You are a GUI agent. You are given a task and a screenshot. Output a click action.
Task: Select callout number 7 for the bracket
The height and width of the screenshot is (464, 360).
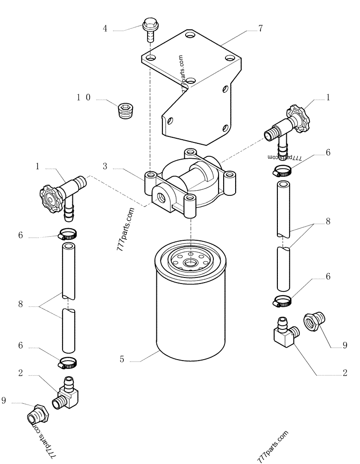(x=261, y=29)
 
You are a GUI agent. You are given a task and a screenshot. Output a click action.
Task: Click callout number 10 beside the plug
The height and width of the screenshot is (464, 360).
(x=84, y=97)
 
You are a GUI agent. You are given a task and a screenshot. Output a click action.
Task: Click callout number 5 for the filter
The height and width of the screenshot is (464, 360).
(x=122, y=359)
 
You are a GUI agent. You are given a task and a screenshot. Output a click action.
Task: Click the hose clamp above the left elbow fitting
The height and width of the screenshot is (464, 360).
(x=68, y=362)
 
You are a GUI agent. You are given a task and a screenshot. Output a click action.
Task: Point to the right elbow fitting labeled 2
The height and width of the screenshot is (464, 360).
(x=284, y=333)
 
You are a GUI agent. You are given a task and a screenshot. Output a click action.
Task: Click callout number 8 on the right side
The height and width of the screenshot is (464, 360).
(x=328, y=222)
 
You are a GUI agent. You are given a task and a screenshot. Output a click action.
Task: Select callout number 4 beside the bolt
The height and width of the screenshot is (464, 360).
(x=105, y=29)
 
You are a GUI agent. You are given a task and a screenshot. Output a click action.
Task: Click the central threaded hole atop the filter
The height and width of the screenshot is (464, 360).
(x=189, y=263)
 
